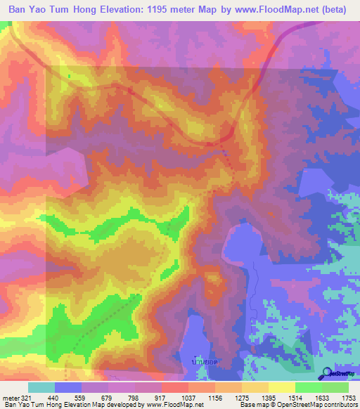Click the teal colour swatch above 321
pyautogui.click(x=41, y=387)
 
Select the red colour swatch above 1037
pyautogui.click(x=174, y=387)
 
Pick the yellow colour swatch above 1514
pyautogui.click(x=281, y=387)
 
